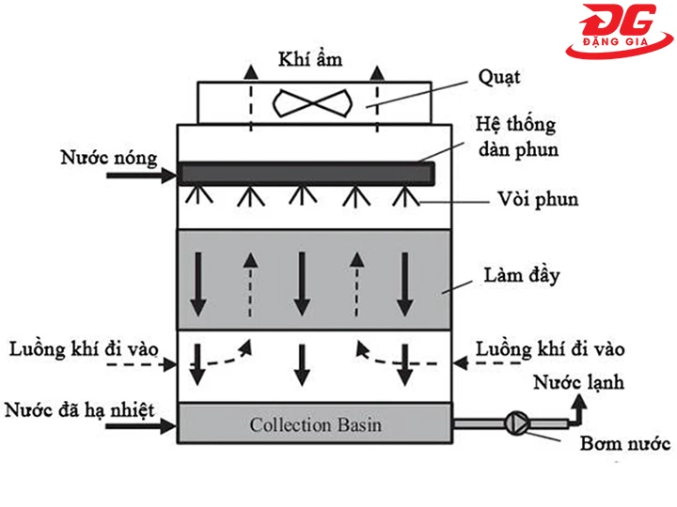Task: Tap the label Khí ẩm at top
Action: click(309, 60)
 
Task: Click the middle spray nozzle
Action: click(301, 195)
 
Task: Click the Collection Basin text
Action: click(316, 424)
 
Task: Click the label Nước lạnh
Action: click(579, 382)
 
